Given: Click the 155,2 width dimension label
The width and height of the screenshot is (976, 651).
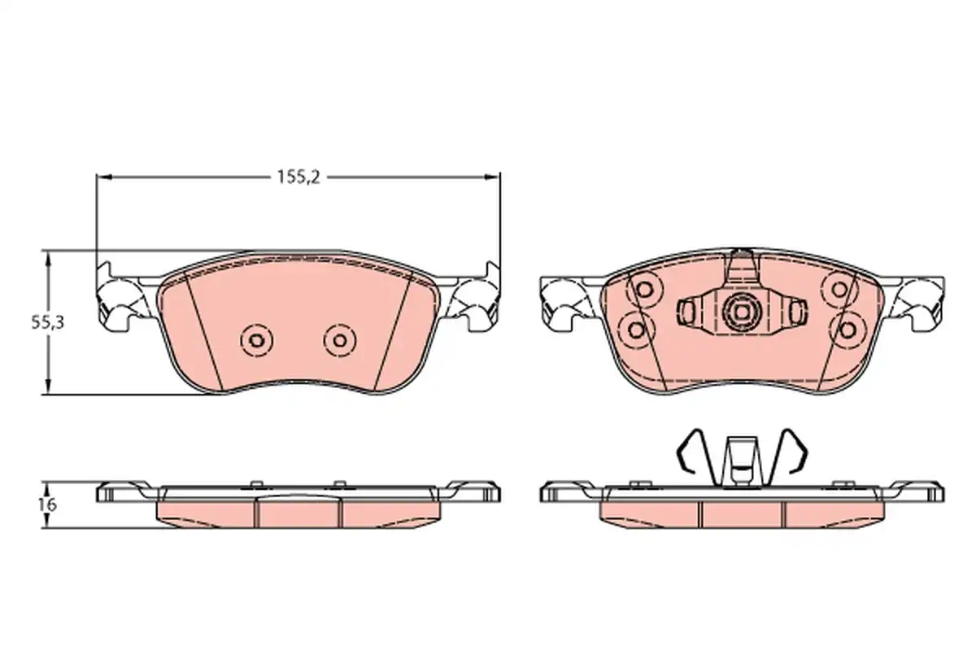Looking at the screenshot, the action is [298, 177].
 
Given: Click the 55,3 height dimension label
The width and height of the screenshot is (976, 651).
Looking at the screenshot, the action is [47, 322].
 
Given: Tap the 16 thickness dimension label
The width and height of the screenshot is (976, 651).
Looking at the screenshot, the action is [47, 505].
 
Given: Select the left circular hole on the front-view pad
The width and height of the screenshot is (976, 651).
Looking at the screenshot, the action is [257, 340].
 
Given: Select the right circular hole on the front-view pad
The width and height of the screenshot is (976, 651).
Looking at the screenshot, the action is [340, 340].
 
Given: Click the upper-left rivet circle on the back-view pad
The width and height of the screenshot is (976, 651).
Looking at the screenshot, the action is [644, 289].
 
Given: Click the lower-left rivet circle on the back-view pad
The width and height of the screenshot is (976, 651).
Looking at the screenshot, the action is [637, 330].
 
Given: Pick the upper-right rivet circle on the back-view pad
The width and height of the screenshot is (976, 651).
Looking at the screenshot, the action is [839, 289].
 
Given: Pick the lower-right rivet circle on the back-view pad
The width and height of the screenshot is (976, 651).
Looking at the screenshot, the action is [847, 330].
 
